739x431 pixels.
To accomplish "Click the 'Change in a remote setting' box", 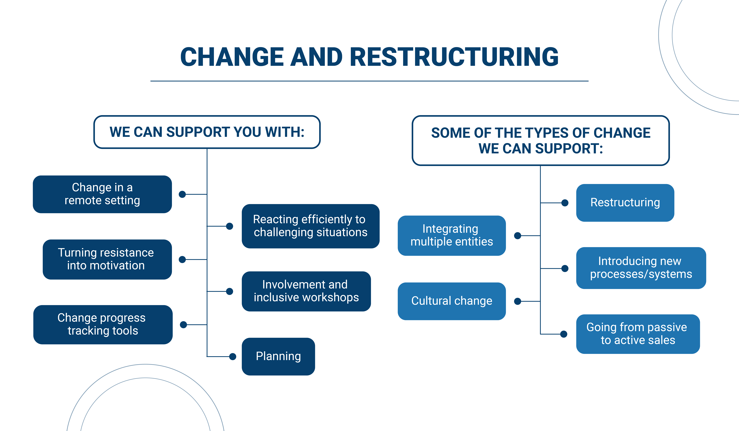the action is (102, 194).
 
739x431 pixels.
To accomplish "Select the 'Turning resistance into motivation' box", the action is (107, 259).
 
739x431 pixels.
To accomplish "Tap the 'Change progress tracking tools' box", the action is (103, 325).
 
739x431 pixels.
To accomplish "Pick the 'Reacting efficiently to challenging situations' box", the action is (311, 226).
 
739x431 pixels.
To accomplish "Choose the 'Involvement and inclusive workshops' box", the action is (306, 291).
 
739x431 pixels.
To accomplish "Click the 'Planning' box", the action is (278, 357).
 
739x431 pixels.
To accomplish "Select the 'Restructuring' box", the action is (625, 203).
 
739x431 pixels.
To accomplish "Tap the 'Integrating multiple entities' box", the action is (452, 235).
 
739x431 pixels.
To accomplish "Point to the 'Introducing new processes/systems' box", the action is (641, 268).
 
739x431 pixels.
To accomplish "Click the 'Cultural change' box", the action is (452, 301).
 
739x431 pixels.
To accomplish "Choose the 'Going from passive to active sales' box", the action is (638, 334).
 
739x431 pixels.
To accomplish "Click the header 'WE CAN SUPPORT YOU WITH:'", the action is (207, 132).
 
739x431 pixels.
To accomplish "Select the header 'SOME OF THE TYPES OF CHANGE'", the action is (541, 133).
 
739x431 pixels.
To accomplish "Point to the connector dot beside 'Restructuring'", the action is (565, 203).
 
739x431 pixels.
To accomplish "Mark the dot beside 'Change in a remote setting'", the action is (182, 194).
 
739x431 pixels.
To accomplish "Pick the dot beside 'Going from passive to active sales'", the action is (564, 334).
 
